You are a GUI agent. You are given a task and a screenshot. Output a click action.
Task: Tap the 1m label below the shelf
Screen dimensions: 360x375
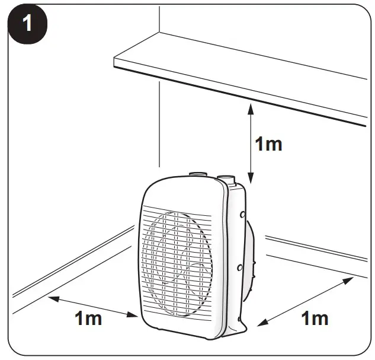[x=268, y=144]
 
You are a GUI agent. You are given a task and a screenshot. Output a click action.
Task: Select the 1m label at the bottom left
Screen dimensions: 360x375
[x=88, y=318]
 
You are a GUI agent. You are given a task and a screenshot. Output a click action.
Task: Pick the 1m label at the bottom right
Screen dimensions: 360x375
[x=315, y=318]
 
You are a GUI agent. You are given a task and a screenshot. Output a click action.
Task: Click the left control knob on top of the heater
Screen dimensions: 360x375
[x=197, y=175]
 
